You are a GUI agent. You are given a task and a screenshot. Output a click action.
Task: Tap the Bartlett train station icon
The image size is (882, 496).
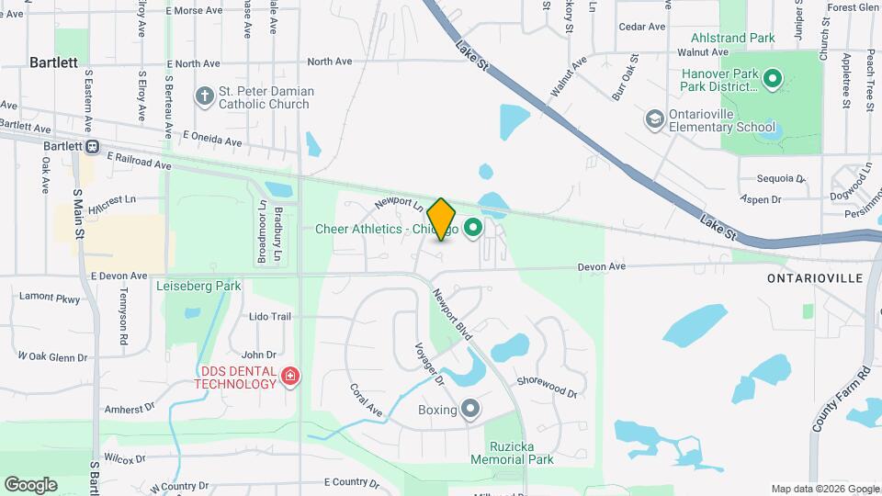coord(93,147)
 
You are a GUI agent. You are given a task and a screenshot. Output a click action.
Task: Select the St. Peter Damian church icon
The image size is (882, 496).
coord(204,95)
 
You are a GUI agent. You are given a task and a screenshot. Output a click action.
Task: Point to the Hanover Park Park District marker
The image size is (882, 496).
coord(773,80)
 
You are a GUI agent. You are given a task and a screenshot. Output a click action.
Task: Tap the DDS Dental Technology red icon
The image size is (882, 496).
coord(290,376)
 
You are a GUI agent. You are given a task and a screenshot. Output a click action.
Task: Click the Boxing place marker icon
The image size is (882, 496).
coord(471,409)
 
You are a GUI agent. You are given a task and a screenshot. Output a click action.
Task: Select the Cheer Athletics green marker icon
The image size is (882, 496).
coord(474,228)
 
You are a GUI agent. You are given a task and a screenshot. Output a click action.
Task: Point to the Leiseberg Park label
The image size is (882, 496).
coord(198,286)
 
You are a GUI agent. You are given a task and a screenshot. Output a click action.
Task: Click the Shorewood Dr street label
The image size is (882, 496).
coord(547,388)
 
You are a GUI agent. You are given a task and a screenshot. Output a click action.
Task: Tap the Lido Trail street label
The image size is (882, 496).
coord(270,317)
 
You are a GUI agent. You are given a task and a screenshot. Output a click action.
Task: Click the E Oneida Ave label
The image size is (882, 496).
coord(211,139)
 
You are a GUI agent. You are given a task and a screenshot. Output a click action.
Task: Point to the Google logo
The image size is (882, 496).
coord(31,484)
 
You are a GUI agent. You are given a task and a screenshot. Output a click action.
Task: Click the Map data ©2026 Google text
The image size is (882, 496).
coord(823,489)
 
